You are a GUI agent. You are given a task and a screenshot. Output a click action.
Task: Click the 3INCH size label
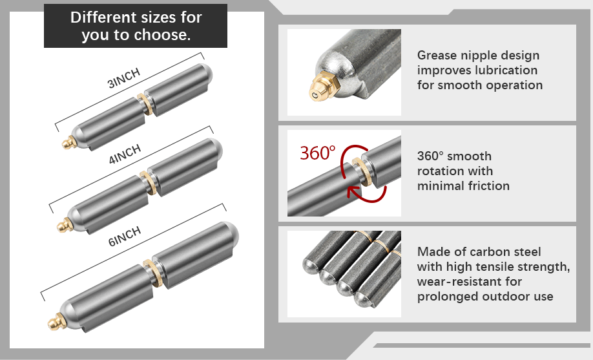point(123,78)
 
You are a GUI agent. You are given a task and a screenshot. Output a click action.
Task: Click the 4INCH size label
point(125,154)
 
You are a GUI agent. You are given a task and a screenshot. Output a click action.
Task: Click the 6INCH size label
point(125,236)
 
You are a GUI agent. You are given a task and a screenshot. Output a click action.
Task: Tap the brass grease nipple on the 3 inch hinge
point(69,143)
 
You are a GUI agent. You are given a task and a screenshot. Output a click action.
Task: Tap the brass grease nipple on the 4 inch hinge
point(65,226)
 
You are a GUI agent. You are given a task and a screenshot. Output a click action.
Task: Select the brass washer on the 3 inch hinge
point(145,105)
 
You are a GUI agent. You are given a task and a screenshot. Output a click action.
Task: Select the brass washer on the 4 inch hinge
point(149,183)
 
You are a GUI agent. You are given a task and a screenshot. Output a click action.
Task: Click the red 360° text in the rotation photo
point(318,153)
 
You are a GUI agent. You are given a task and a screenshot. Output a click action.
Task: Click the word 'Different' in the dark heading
point(103,17)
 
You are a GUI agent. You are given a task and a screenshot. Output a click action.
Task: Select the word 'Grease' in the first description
point(437,56)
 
